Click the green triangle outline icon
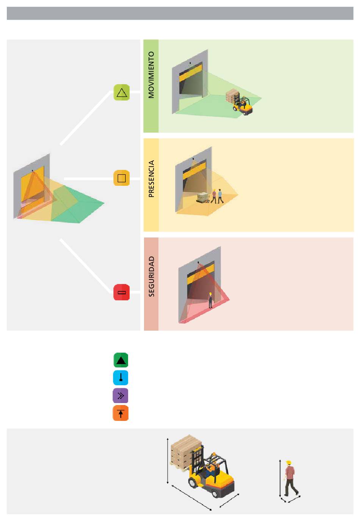click(x=122, y=92)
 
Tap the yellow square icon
click(x=122, y=178)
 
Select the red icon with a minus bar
click(x=122, y=292)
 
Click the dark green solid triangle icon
click(x=121, y=360)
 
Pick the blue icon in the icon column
click(x=121, y=378)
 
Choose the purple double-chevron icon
click(x=121, y=395)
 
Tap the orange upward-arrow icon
click(x=121, y=413)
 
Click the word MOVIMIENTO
click(x=151, y=75)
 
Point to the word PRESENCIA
click(x=151, y=179)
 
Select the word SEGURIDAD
click(x=151, y=276)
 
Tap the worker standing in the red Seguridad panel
click(x=210, y=300)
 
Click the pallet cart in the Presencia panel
click(x=203, y=198)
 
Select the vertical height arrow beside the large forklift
click(x=167, y=461)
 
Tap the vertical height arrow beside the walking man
click(x=280, y=479)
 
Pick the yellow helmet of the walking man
click(x=289, y=462)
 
